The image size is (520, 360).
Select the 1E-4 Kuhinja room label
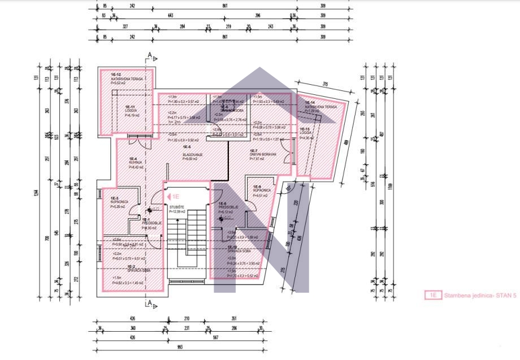pos(136,163)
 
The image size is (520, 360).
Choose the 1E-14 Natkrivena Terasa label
pos(320,106)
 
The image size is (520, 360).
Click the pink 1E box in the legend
pos(433,295)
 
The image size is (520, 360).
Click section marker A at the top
pos(149,55)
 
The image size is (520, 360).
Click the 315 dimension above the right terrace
pos(325,84)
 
